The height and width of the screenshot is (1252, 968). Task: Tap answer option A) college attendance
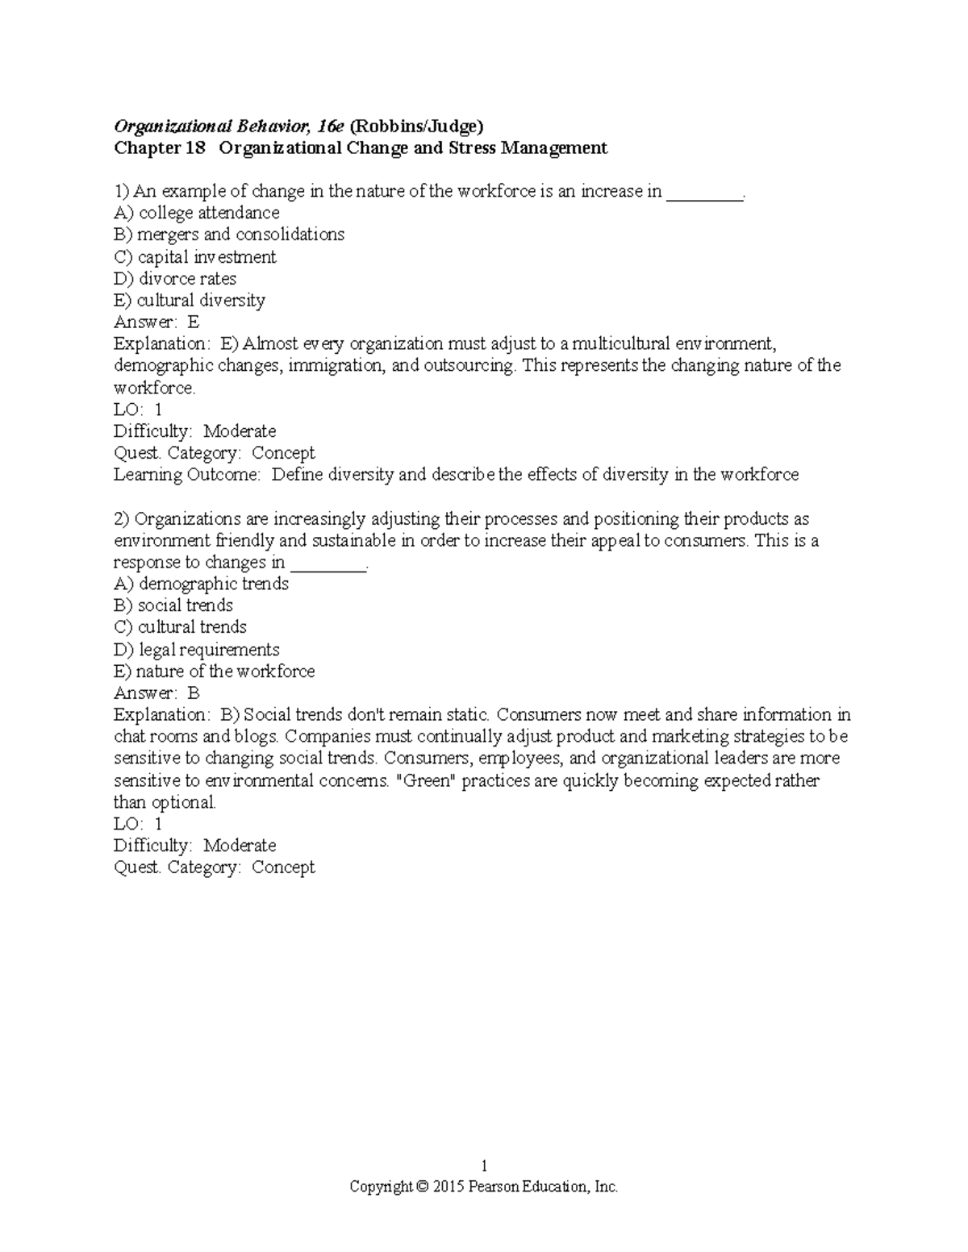click(x=197, y=213)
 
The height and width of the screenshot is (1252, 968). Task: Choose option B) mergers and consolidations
click(x=229, y=235)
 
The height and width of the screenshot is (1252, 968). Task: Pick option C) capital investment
click(x=195, y=257)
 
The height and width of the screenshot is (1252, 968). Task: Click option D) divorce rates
click(x=175, y=279)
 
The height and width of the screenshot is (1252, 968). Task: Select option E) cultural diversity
click(x=190, y=301)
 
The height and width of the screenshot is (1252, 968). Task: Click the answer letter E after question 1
click(x=193, y=322)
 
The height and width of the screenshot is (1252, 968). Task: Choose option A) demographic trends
click(x=201, y=584)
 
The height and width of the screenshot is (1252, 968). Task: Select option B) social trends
click(x=173, y=605)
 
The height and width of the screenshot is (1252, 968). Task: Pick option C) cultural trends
click(x=180, y=627)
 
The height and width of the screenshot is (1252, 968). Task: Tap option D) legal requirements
click(x=197, y=650)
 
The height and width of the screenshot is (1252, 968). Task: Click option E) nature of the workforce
click(x=214, y=672)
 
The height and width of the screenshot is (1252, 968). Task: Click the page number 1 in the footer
click(x=484, y=1166)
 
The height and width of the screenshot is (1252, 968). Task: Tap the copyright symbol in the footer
click(x=422, y=1188)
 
